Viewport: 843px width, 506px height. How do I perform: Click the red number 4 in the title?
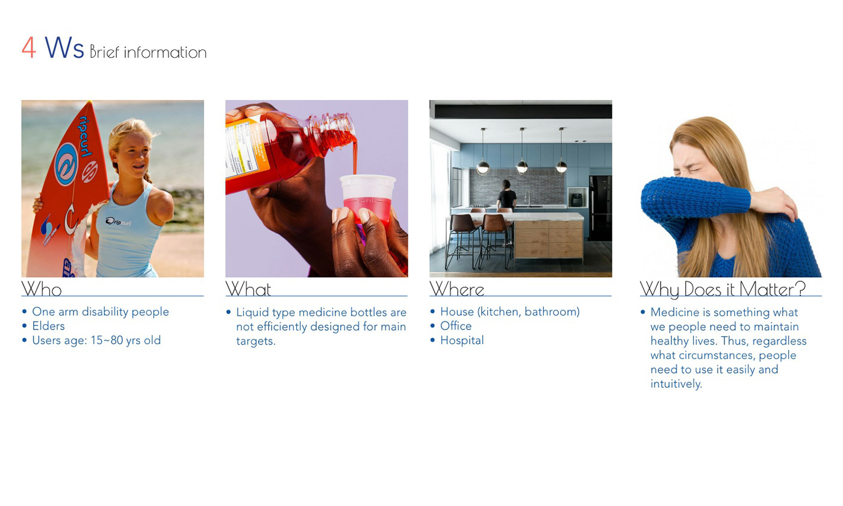[x=29, y=48]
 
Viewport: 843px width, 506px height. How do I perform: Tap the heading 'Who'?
[x=42, y=289]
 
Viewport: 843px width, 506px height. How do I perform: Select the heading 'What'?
[x=248, y=289]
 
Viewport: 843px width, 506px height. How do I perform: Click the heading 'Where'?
[x=456, y=289]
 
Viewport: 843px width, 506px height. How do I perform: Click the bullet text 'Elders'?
[x=48, y=326]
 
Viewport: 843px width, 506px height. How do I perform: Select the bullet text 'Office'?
[x=456, y=326]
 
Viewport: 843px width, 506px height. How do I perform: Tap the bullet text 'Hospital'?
[x=462, y=340]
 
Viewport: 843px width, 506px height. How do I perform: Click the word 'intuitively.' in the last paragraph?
[x=676, y=384]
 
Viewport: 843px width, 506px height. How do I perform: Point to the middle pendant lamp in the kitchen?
[x=522, y=165]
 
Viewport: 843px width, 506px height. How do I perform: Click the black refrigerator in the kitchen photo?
[x=600, y=208]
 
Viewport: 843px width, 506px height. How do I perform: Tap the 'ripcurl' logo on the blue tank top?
[x=118, y=222]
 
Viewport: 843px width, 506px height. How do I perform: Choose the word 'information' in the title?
[x=165, y=52]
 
